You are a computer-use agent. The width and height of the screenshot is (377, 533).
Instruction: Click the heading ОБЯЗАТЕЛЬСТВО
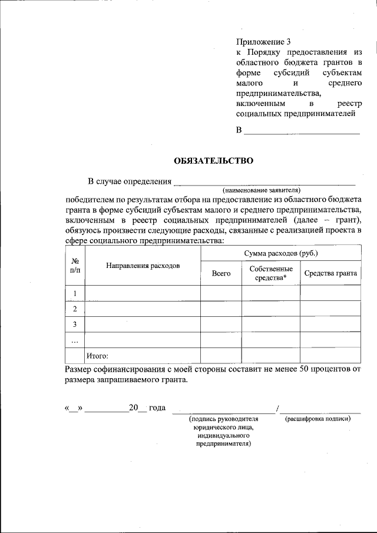tap(213, 160)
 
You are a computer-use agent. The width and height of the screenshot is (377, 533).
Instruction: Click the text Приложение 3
tap(263, 42)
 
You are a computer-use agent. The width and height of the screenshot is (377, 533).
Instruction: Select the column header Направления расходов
tap(143, 266)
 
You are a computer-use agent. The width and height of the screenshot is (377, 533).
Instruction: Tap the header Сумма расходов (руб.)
tap(281, 253)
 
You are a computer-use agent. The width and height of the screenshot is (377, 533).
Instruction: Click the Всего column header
tap(221, 273)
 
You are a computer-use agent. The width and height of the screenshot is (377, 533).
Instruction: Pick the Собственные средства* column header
tap(270, 273)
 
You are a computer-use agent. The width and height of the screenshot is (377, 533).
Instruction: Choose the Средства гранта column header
tap(330, 273)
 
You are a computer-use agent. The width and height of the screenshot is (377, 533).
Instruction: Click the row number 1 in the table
tap(75, 293)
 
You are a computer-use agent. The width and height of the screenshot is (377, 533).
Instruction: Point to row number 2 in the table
tap(75, 309)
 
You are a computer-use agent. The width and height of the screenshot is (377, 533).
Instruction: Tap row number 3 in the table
tap(75, 325)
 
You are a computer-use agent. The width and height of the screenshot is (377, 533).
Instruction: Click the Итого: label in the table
tap(98, 355)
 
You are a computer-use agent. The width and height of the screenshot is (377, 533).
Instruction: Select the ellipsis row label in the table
tap(75, 340)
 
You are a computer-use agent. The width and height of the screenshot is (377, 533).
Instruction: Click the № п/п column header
tap(75, 265)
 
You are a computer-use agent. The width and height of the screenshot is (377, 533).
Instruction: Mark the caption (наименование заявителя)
tap(262, 190)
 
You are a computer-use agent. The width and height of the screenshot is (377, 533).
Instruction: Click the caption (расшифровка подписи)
tap(318, 419)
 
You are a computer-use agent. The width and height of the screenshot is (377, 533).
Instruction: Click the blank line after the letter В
tap(302, 131)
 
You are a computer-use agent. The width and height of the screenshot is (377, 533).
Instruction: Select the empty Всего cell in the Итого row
tap(221, 355)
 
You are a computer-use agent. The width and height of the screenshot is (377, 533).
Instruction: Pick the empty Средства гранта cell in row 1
tap(330, 293)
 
